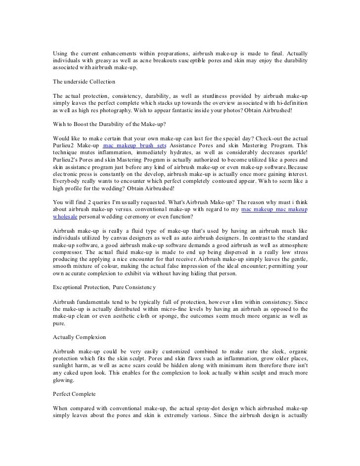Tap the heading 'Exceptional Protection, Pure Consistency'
(112, 287)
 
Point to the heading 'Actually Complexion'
(79, 337)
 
